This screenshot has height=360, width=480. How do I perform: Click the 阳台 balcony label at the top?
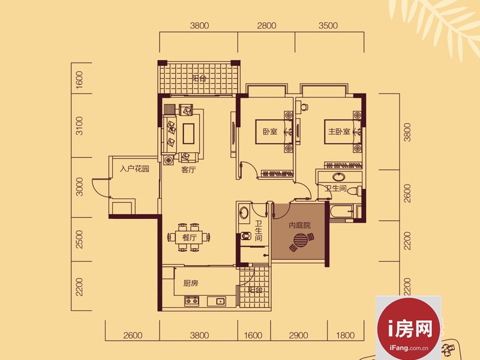pos(199,78)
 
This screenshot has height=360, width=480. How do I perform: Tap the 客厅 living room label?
pos(188,170)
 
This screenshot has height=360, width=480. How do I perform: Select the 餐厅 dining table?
pos(189,237)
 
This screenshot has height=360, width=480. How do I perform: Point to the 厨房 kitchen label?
pos(191,283)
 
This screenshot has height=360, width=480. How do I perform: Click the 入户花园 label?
pos(134,169)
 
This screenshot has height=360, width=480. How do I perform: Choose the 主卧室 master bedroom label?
pos(339,131)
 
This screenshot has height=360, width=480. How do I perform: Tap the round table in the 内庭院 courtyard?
pos(301,241)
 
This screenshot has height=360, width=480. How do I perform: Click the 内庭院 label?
pos(299,226)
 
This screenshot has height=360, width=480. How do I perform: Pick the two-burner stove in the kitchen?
pos(191,301)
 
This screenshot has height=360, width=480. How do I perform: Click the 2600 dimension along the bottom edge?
pos(133,335)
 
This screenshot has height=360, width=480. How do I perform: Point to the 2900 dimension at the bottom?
pos(298,335)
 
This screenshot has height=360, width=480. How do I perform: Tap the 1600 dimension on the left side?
pos(79,80)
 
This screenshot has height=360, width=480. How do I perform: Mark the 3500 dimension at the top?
pos(328,25)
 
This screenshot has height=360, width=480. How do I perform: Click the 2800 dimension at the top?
pos(266,25)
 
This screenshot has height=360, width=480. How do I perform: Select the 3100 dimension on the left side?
pos(79,125)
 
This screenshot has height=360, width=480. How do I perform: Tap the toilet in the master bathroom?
pos(355,191)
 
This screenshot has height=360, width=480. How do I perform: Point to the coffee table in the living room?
pos(188,133)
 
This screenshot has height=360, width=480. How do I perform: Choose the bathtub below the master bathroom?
pos(341,212)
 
